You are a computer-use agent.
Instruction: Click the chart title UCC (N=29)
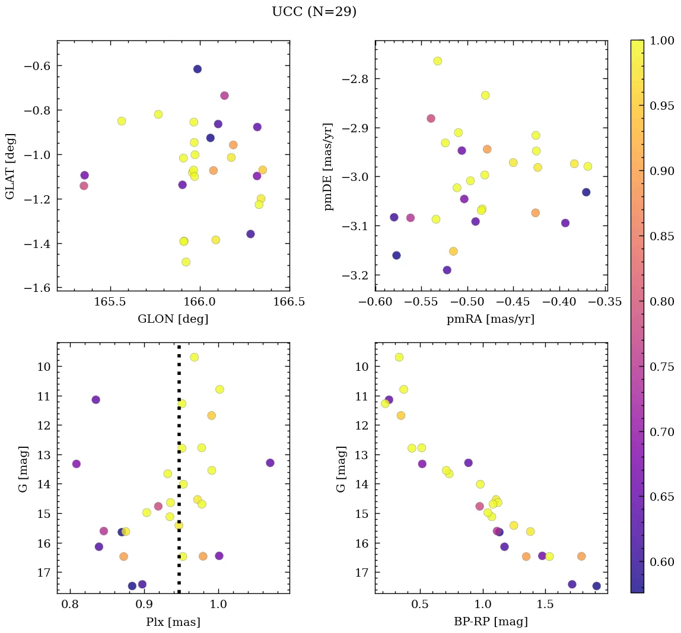click(x=314, y=12)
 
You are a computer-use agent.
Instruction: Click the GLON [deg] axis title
click(x=173, y=319)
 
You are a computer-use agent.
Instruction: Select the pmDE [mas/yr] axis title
click(x=328, y=167)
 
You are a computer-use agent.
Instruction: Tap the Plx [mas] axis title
click(x=173, y=622)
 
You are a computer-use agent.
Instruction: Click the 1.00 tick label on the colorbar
click(x=662, y=40)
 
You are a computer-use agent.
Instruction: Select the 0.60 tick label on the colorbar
click(x=662, y=562)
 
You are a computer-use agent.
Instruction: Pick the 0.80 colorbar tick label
click(x=662, y=301)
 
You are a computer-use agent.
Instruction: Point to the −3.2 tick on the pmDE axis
click(x=355, y=276)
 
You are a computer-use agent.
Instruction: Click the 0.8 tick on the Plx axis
click(x=71, y=605)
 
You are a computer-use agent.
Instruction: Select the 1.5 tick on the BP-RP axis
click(x=545, y=605)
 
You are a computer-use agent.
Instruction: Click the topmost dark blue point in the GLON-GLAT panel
click(x=198, y=69)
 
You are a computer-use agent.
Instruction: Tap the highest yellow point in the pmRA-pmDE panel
click(x=438, y=61)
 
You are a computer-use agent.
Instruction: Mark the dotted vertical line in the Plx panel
click(x=179, y=469)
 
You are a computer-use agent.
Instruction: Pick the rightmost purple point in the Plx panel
click(x=270, y=463)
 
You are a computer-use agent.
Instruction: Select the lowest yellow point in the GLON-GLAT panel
click(x=186, y=262)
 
